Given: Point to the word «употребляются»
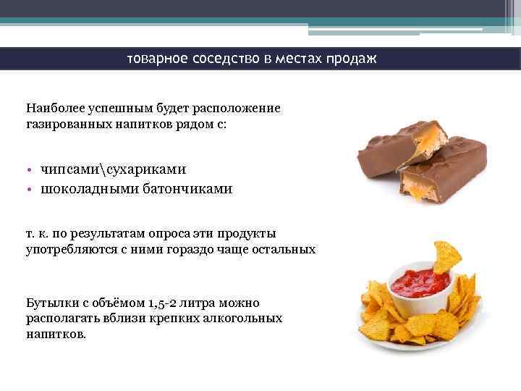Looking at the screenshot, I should (71, 249).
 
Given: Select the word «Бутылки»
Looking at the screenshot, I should (51, 303).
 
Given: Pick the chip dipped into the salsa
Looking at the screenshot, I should (447, 255).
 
